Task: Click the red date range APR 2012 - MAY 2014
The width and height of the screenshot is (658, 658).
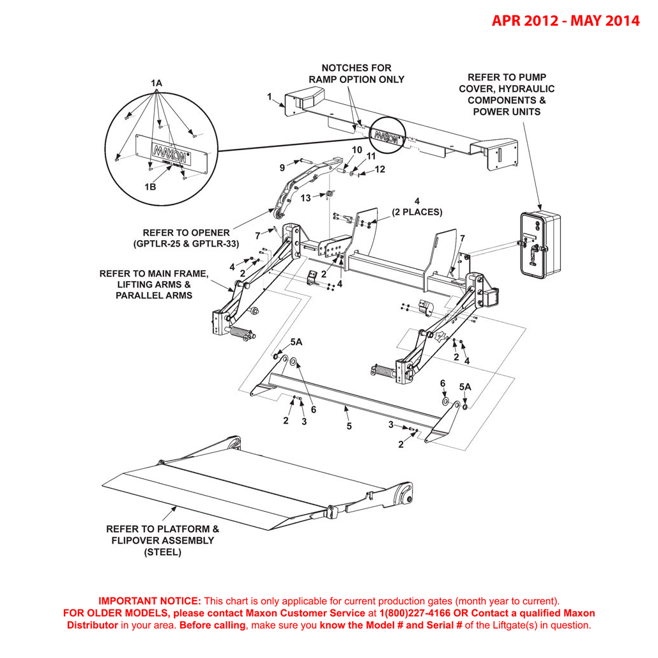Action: point(565,20)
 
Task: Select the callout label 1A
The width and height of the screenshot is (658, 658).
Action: point(157,83)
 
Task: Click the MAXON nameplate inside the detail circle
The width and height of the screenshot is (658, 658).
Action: point(169,155)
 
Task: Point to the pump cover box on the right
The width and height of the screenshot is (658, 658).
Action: point(540,244)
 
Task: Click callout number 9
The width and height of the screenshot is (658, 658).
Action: point(282,168)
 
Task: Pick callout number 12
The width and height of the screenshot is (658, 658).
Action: point(379,169)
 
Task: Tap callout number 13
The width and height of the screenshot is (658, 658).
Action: point(305,198)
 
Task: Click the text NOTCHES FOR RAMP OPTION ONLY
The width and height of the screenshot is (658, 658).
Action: point(356,73)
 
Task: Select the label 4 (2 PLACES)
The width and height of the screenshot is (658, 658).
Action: point(417,207)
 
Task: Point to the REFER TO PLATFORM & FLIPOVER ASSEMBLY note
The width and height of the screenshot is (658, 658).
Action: point(162,540)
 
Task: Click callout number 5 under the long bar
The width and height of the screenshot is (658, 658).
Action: point(349,426)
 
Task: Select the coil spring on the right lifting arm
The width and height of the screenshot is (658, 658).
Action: point(383,371)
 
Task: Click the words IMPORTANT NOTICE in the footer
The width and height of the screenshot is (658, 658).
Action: point(149,601)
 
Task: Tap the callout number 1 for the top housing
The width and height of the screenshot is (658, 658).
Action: point(270,97)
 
